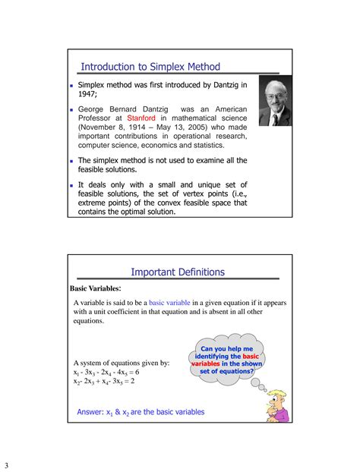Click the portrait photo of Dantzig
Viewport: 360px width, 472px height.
(x=274, y=99)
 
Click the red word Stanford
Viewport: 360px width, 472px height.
(x=141, y=118)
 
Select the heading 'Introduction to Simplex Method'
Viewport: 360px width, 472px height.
(x=150, y=68)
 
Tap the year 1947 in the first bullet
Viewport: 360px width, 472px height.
(x=89, y=94)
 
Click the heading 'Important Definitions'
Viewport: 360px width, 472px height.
(x=178, y=272)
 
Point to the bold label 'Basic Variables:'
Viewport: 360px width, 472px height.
(x=96, y=288)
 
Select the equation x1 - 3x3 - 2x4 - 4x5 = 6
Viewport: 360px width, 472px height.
(x=106, y=372)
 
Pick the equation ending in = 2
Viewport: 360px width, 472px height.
(x=104, y=382)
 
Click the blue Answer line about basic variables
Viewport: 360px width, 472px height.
(x=141, y=412)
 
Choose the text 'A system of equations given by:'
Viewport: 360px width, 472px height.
(x=122, y=363)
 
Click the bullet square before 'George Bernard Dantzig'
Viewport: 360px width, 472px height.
(x=71, y=110)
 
